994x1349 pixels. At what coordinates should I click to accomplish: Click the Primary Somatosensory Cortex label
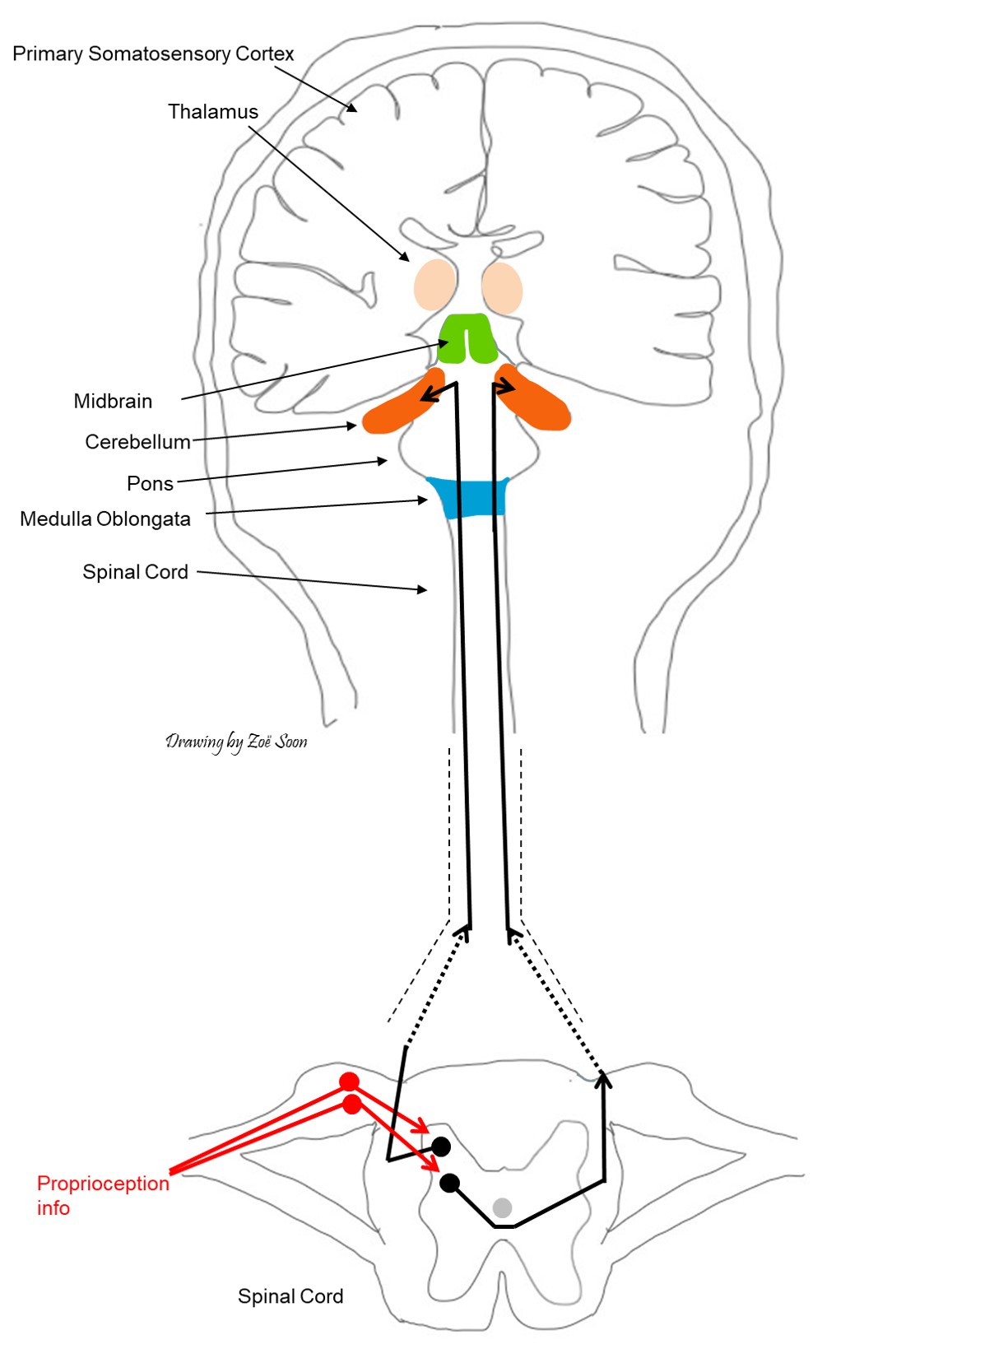click(x=153, y=54)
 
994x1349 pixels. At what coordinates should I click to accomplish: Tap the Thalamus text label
click(x=213, y=112)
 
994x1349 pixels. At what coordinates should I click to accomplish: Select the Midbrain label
click(x=113, y=402)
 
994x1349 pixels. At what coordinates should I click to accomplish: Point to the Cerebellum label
click(x=137, y=442)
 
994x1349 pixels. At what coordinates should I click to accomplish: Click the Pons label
click(x=150, y=484)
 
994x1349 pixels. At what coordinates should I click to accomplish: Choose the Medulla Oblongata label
click(x=105, y=519)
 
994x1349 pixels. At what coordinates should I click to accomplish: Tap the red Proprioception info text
click(x=102, y=1195)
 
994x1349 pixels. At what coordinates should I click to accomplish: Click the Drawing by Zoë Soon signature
click(x=236, y=742)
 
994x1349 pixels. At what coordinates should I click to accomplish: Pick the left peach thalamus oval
click(x=434, y=285)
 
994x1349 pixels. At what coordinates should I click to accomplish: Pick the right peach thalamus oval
click(x=502, y=287)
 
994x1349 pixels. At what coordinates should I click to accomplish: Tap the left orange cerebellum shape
click(x=401, y=407)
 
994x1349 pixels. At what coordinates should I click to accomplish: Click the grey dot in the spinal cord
click(x=502, y=1207)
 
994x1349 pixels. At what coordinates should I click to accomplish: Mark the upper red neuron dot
click(x=349, y=1082)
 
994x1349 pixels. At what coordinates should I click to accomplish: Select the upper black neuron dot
click(x=442, y=1146)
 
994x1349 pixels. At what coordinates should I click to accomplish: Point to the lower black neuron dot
click(x=449, y=1183)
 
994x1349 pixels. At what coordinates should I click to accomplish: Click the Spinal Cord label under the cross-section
click(x=290, y=1296)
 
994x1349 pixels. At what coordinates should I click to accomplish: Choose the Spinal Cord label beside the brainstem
click(x=135, y=572)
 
